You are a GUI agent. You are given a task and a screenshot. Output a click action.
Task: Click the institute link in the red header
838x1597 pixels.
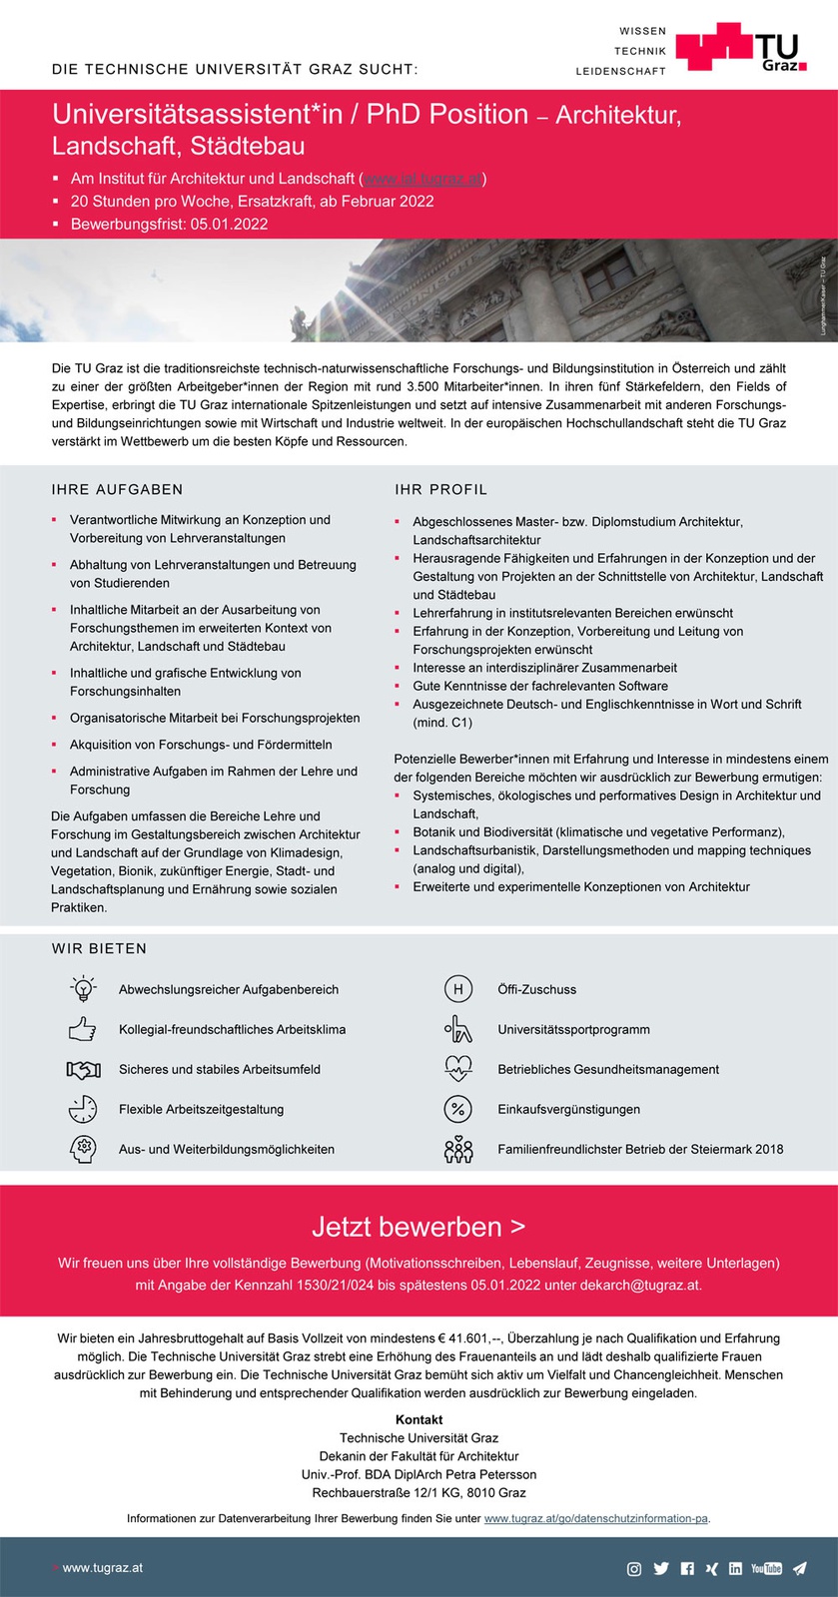click(423, 179)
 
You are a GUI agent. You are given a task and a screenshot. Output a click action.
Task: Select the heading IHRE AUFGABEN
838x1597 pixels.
click(118, 489)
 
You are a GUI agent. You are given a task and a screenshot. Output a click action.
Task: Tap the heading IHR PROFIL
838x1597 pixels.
click(441, 489)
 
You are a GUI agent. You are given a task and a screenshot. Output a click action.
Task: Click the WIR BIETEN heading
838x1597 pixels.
click(100, 948)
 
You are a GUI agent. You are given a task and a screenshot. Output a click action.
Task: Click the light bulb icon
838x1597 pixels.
click(84, 989)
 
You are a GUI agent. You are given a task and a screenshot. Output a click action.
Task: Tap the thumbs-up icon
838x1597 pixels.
click(83, 1029)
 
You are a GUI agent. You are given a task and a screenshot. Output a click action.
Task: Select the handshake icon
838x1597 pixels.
click(84, 1069)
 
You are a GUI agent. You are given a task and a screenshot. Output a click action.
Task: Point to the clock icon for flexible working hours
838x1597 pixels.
click(83, 1109)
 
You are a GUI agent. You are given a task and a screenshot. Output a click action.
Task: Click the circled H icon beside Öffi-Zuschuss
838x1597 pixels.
click(457, 989)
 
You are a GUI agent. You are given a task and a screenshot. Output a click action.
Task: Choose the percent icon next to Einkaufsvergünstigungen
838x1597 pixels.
click(457, 1109)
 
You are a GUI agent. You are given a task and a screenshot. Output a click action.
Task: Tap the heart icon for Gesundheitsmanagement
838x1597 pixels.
click(457, 1069)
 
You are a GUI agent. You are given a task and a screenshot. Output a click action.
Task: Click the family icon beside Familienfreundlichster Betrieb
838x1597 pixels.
click(457, 1150)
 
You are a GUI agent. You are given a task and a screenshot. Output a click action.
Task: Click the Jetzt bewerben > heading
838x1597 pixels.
click(419, 1227)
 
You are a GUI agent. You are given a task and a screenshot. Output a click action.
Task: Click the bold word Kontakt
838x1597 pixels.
click(419, 1419)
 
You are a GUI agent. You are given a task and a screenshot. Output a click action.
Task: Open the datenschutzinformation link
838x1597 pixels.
click(596, 1518)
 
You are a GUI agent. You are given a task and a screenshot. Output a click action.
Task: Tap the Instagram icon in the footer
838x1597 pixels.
click(633, 1569)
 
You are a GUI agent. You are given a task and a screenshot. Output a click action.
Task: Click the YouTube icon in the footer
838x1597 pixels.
click(766, 1569)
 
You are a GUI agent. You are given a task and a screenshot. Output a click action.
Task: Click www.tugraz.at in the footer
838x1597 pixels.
click(102, 1568)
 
